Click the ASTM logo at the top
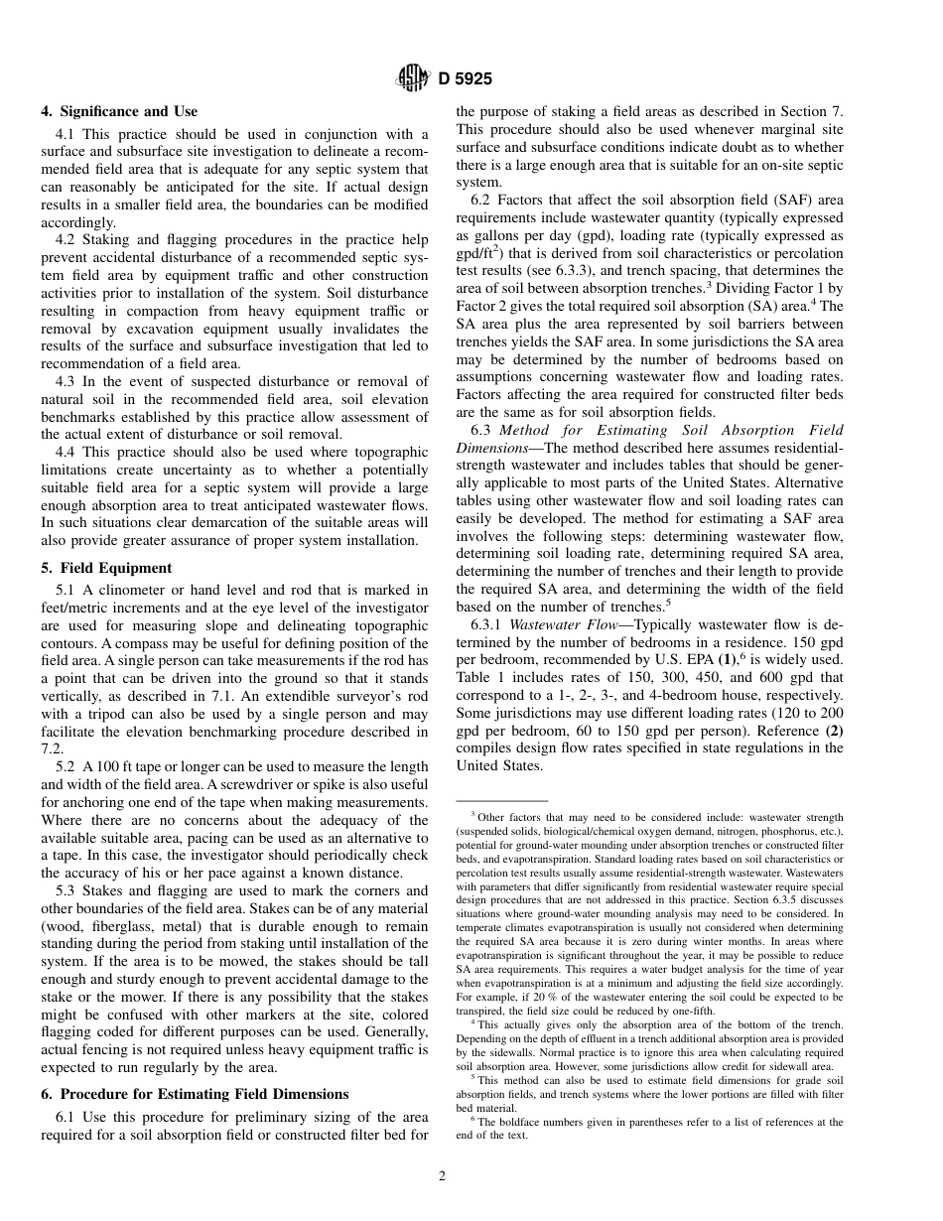point(412,76)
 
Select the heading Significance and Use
point(128,111)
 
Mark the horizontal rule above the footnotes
point(502,800)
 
